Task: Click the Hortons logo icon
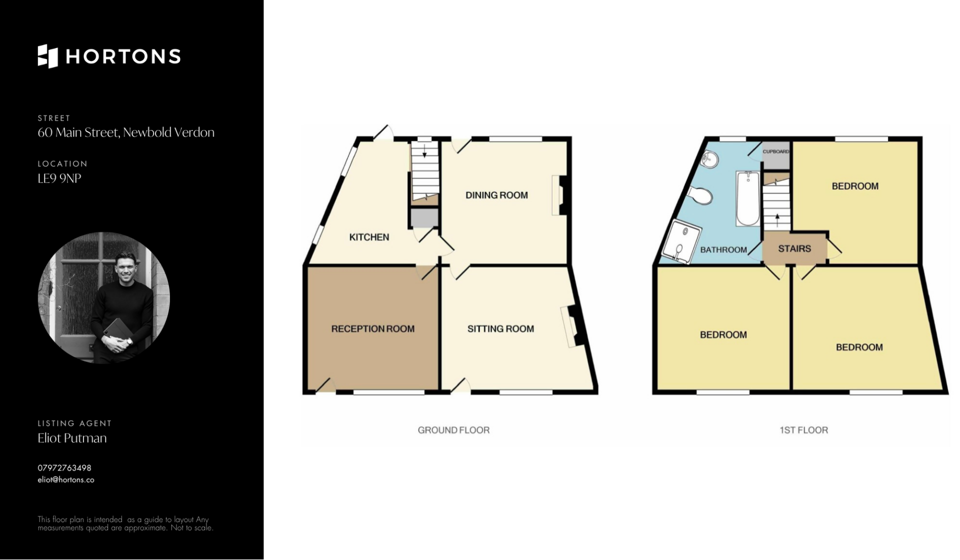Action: point(48,56)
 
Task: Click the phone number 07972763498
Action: point(64,468)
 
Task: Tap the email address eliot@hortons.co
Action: point(66,479)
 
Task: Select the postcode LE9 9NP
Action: point(59,178)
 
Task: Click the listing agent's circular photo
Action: point(104,297)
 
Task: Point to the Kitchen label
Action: point(369,237)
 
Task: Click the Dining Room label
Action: point(496,195)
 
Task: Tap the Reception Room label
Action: point(373,328)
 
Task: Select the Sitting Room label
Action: point(500,328)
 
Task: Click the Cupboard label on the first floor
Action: point(775,151)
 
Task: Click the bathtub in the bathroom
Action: point(748,198)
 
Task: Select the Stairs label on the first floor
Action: point(794,248)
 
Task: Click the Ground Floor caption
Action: point(453,430)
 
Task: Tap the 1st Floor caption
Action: point(804,430)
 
